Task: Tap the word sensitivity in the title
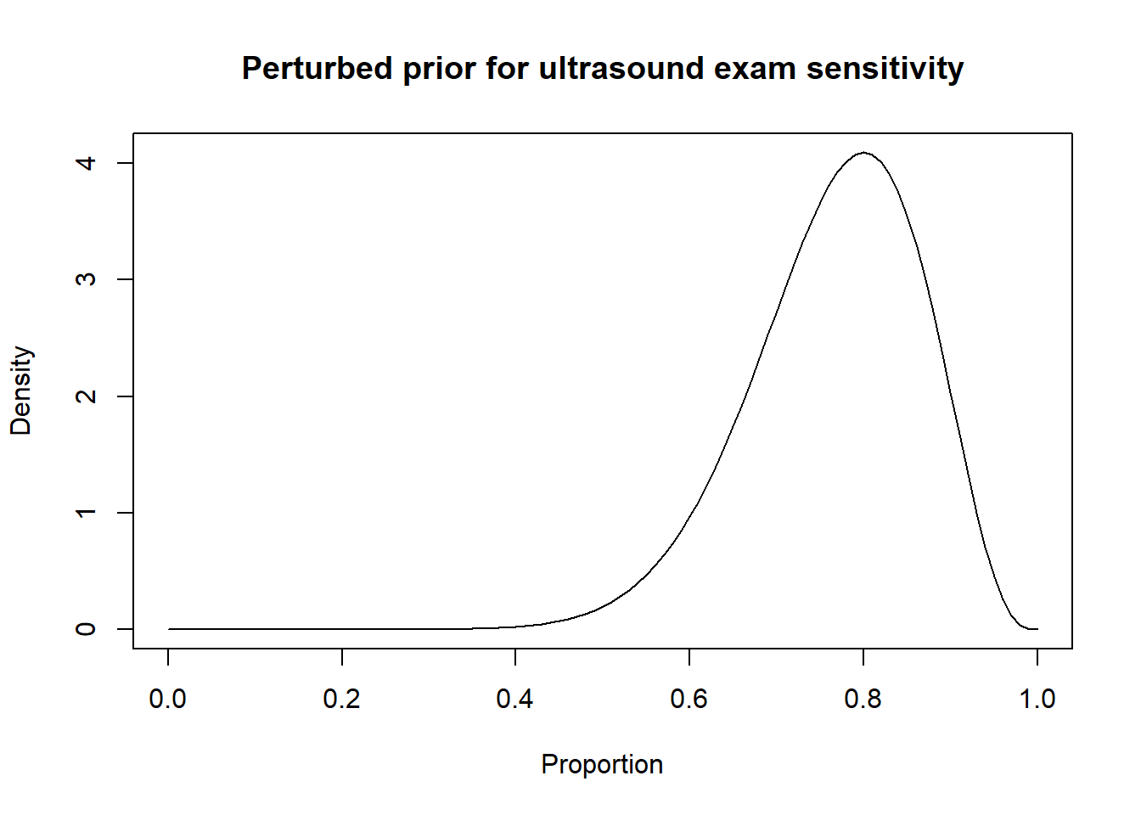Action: pyautogui.click(x=885, y=69)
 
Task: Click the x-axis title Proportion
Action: pyautogui.click(x=602, y=764)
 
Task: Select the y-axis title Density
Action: pyautogui.click(x=21, y=391)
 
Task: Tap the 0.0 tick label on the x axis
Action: pyautogui.click(x=168, y=699)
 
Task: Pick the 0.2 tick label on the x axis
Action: pyautogui.click(x=342, y=699)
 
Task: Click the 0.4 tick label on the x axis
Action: pyautogui.click(x=515, y=699)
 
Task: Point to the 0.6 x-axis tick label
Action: pyautogui.click(x=689, y=699)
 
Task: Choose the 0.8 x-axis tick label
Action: pyautogui.click(x=863, y=699)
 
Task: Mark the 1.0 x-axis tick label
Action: pyautogui.click(x=1037, y=699)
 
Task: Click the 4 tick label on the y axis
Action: pyautogui.click(x=86, y=163)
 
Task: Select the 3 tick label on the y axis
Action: pyautogui.click(x=86, y=279)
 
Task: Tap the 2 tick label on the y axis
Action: pyautogui.click(x=86, y=396)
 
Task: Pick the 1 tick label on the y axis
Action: pyautogui.click(x=86, y=513)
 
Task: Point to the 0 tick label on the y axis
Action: pyautogui.click(x=86, y=629)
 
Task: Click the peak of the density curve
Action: pyautogui.click(x=863, y=153)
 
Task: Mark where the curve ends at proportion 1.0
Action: pyautogui.click(x=1037, y=629)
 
